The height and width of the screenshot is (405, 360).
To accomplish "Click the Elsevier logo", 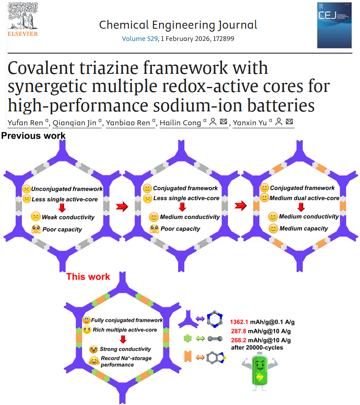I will (22, 20).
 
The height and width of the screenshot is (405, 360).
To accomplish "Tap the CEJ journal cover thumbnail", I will (334, 25).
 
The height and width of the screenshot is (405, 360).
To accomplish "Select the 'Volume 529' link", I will (140, 39).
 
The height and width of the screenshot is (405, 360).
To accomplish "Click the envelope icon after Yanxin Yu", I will (289, 122).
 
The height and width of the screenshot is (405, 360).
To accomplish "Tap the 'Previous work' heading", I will (33, 136).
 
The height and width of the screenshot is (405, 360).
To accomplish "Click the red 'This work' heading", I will (88, 277).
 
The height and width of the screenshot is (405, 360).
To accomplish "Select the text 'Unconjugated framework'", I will (67, 189).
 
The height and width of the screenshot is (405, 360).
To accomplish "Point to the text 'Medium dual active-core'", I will (304, 198).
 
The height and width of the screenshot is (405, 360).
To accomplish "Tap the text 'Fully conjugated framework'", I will (127, 321).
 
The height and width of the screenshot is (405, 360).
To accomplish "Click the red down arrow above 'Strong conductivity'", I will (123, 340).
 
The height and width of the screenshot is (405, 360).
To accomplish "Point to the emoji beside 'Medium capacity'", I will (273, 229).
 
